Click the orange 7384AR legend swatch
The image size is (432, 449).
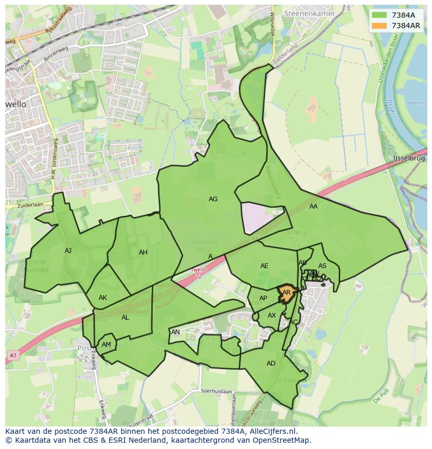379,26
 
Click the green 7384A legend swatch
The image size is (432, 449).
379,15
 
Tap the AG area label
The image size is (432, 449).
213,199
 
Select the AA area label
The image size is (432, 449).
313,207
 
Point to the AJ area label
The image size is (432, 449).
68,251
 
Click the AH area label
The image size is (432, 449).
143,252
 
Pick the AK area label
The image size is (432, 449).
103,298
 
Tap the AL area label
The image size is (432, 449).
125,318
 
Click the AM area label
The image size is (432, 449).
106,345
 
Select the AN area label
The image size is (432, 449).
175,332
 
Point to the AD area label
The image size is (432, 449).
271,363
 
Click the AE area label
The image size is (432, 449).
264,266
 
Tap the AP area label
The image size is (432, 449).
263,298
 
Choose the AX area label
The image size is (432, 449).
271,315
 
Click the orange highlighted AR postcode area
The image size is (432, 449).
286,293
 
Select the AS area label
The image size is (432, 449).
322,266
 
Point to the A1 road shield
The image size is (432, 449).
12,355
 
